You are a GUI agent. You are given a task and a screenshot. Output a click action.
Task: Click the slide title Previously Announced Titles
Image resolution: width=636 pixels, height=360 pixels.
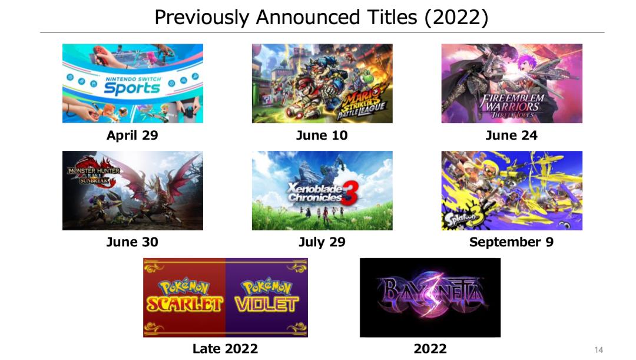[322, 18]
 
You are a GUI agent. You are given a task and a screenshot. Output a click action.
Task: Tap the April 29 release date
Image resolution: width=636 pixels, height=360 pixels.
[132, 135]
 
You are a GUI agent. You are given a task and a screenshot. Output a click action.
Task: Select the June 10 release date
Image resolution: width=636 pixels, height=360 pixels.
[322, 135]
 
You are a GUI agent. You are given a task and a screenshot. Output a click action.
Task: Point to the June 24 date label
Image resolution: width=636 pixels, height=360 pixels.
[512, 135]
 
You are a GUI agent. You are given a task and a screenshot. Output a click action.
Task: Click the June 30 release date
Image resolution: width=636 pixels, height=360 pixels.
[132, 242]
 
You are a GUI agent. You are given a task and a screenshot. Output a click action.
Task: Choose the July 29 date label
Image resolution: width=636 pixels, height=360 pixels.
[322, 242]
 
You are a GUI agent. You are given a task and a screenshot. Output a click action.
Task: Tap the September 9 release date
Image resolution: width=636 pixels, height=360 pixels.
[512, 242]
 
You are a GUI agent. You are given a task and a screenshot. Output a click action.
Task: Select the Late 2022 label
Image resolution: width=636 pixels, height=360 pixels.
[225, 349]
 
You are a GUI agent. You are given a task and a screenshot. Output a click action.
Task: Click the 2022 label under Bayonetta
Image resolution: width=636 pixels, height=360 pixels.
[430, 349]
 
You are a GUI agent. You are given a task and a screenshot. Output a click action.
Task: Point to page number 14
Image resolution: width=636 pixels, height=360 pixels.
[599, 350]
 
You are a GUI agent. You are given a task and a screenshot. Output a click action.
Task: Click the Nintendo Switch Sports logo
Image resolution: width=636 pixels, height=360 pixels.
[132, 86]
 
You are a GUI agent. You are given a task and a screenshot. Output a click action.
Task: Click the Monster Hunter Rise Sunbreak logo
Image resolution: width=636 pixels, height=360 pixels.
[94, 174]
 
